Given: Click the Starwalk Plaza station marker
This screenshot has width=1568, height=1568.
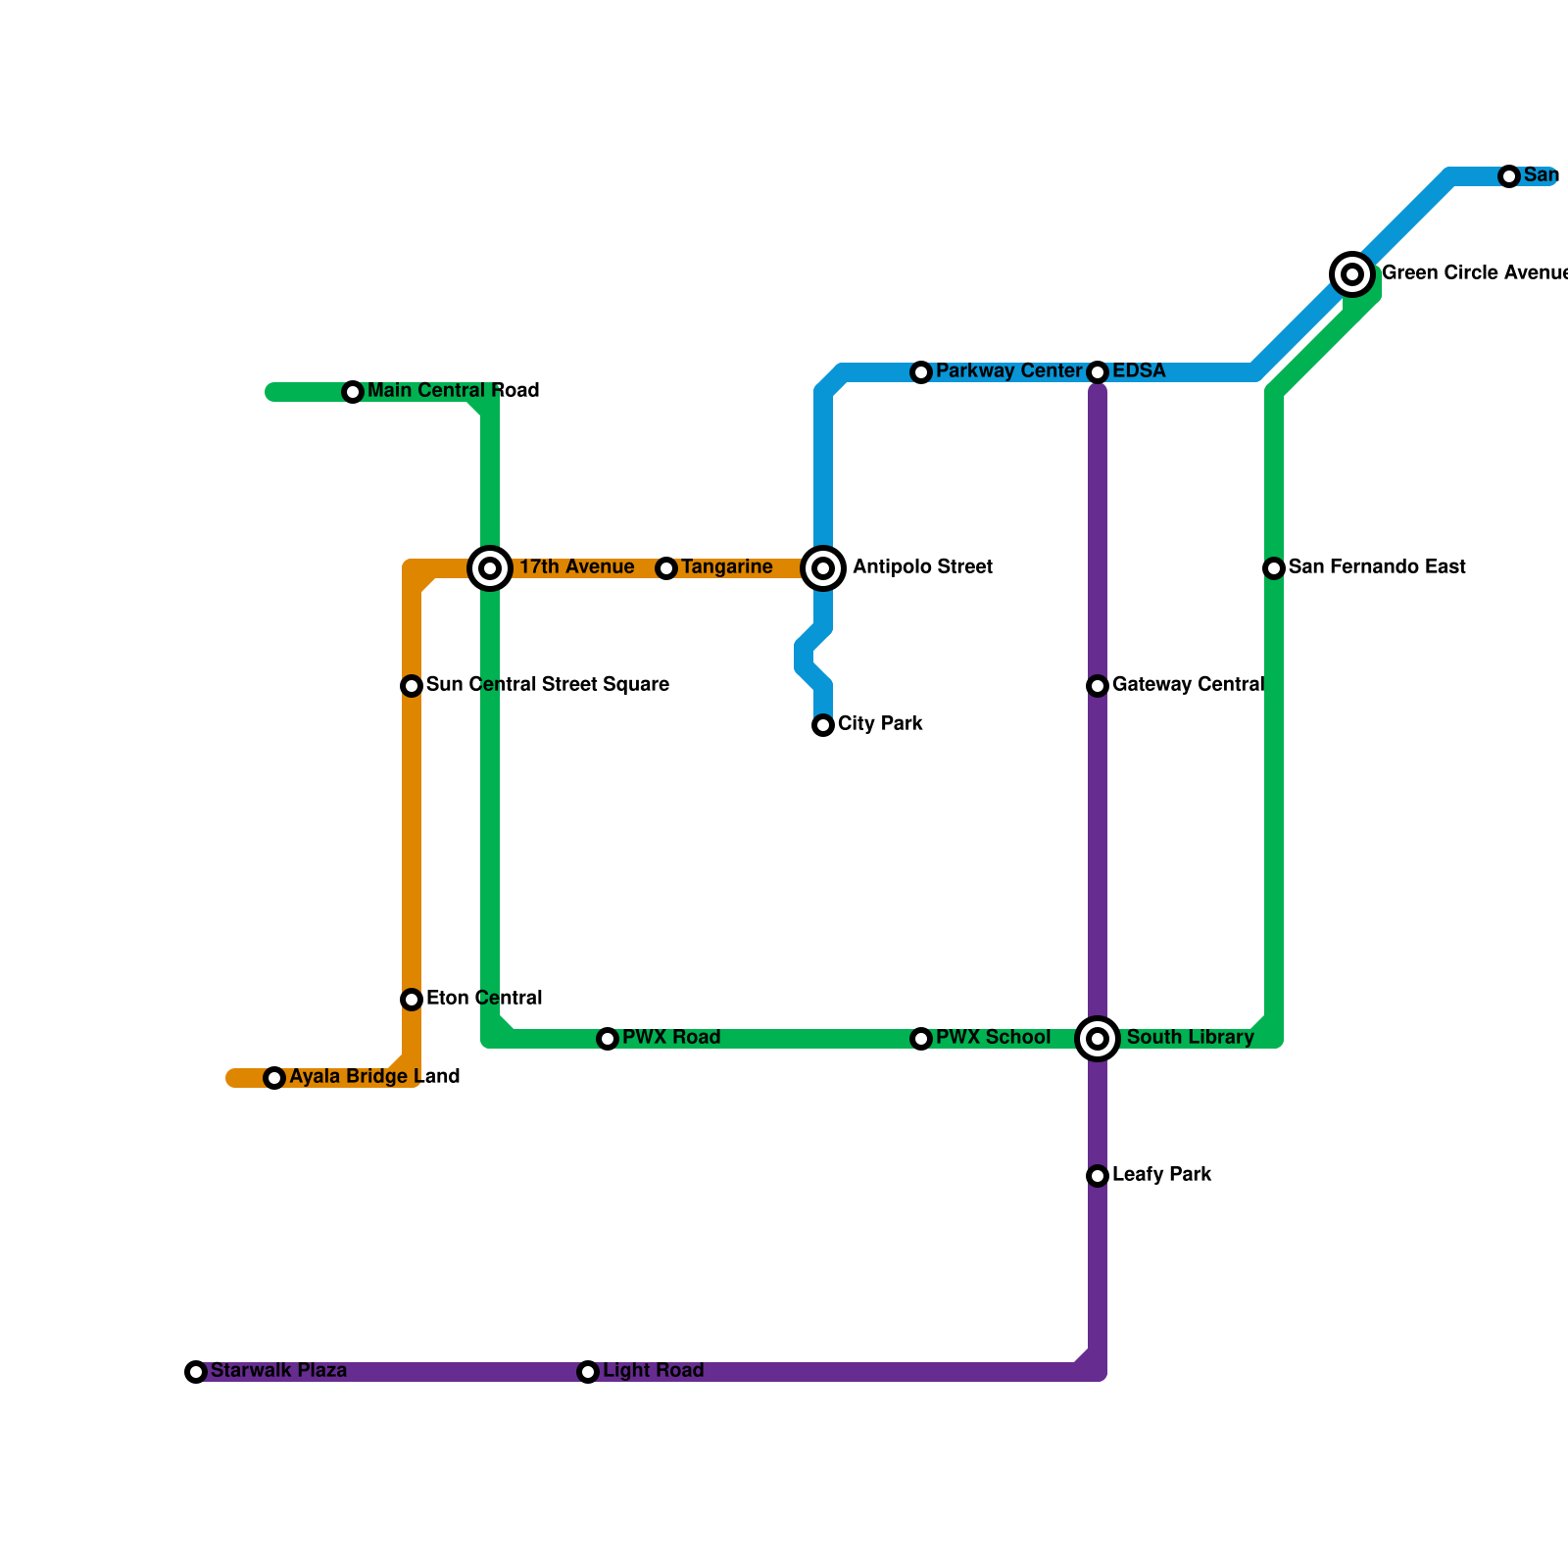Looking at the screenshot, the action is point(196,1372).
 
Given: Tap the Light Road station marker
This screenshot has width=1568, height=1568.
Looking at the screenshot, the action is point(588,1372).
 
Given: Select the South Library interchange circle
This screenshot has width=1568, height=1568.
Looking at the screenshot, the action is point(1098,1039).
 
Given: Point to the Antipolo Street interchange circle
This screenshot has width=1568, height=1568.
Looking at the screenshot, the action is point(823,568).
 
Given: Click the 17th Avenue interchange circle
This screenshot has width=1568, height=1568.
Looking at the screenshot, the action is point(490,568).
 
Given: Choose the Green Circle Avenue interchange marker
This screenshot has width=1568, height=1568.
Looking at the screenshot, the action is point(1352,274).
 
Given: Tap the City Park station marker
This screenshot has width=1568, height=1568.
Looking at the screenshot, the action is point(823,725).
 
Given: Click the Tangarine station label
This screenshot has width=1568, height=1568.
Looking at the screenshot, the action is point(726,567).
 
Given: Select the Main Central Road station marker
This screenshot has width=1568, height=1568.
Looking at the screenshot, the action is point(353,392).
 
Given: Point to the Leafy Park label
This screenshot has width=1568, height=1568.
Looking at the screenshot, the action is point(1161,1175).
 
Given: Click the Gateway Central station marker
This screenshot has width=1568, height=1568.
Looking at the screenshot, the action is point(1098,686).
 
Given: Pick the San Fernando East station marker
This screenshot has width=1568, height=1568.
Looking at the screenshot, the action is point(1274,568).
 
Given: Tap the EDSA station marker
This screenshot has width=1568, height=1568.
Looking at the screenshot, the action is point(1098,372).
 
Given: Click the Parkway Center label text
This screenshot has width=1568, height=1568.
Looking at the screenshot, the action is point(1007,371).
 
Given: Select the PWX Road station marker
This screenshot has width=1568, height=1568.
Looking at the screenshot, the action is point(608,1039).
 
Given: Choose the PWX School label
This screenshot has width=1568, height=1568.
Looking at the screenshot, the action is point(993,1038).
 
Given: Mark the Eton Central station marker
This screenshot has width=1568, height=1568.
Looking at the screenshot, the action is point(412,1000).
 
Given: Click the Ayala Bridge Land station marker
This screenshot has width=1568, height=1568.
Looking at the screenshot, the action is point(274,1078).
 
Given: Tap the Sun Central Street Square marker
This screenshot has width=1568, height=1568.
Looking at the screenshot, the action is point(412,686).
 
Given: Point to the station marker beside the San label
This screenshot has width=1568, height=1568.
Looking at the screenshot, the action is point(1509,176).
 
